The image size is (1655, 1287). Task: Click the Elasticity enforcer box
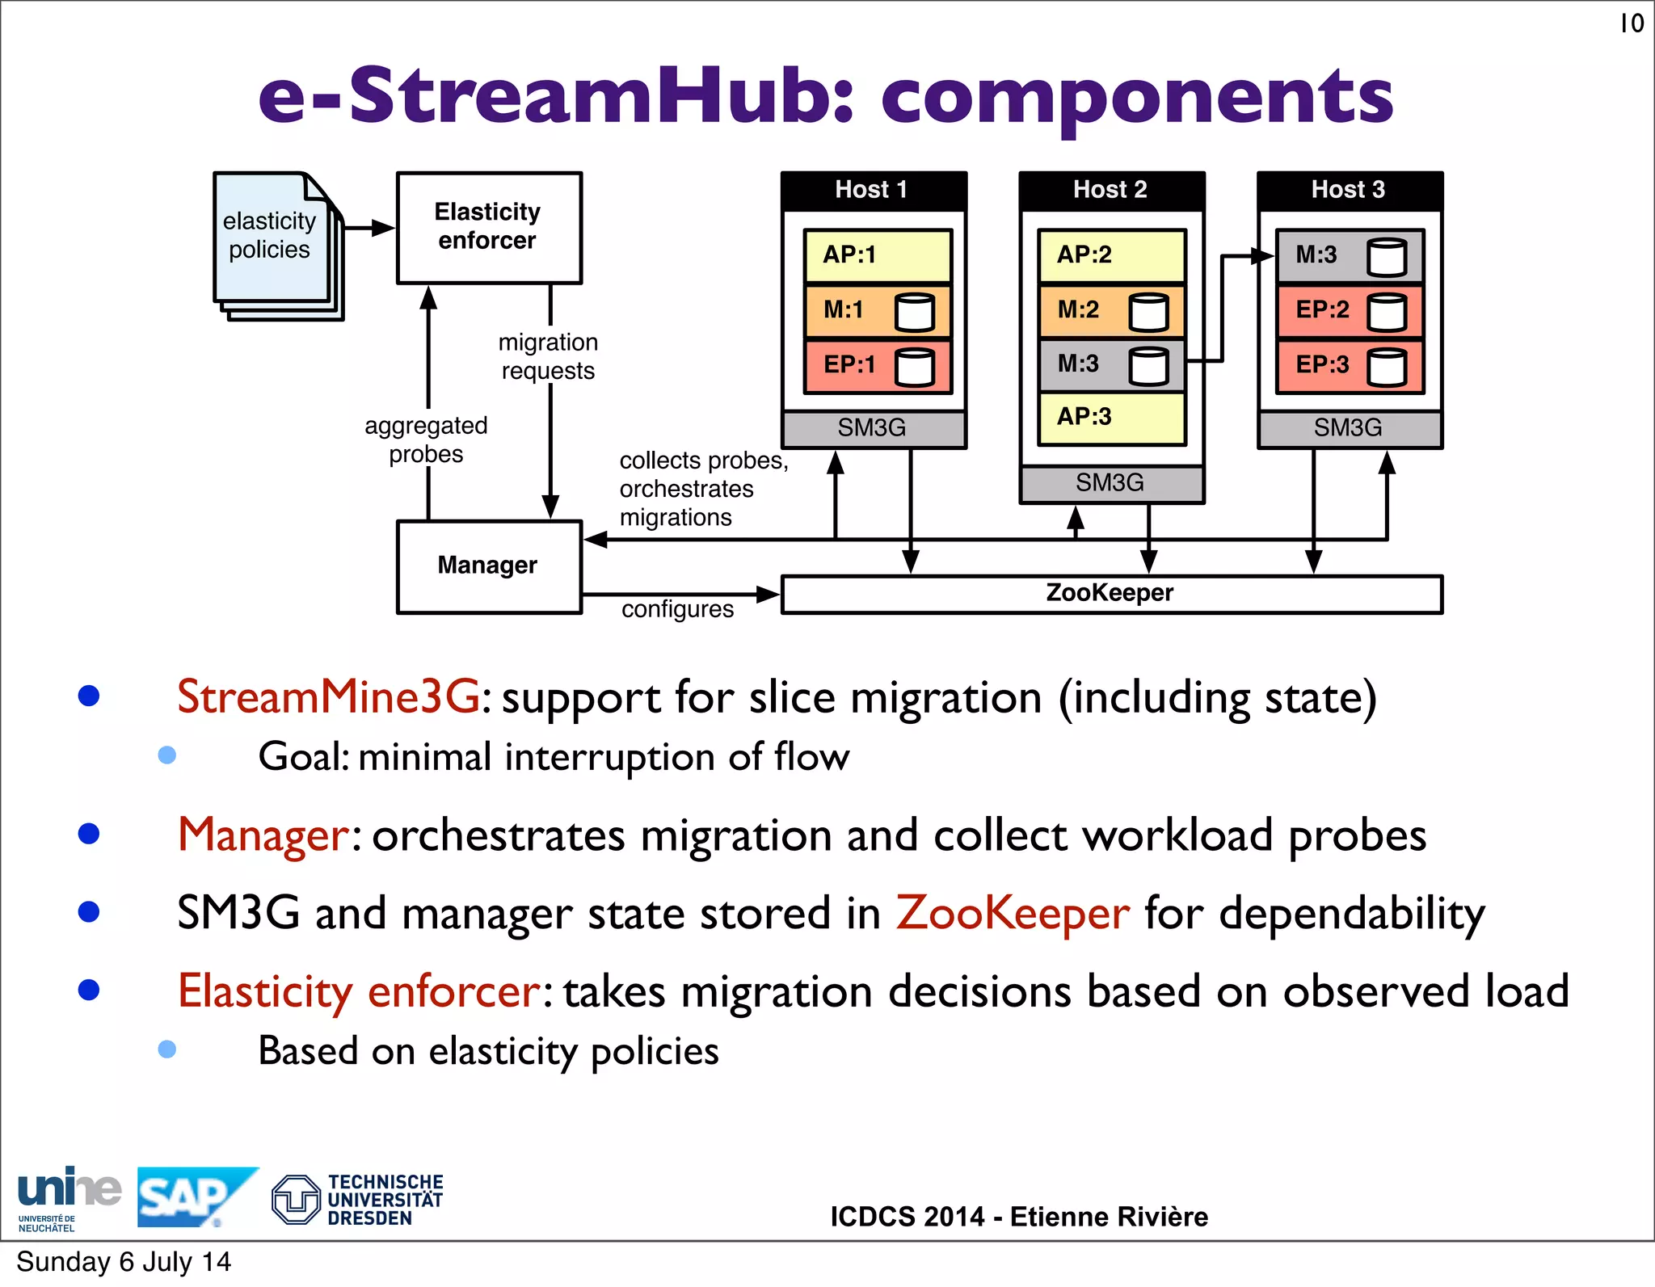point(489,227)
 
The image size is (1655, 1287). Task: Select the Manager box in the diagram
point(489,566)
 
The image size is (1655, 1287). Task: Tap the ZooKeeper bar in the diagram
point(1110,594)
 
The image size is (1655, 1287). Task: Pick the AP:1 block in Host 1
point(878,255)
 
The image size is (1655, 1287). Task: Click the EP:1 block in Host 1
point(878,365)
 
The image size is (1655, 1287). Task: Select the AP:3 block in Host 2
point(1111,418)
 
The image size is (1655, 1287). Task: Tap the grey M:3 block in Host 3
point(1350,255)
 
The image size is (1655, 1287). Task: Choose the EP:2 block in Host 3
point(1350,310)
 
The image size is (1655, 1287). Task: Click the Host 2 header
point(1111,190)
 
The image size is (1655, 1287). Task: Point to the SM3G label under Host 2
point(1111,483)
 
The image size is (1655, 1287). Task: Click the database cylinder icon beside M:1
point(915,312)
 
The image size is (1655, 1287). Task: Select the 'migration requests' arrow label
point(548,356)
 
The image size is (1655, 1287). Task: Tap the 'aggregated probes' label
point(426,440)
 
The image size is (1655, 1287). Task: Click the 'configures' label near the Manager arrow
point(677,609)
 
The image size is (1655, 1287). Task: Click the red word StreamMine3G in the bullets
point(329,696)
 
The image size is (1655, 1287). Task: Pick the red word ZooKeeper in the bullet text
point(1013,913)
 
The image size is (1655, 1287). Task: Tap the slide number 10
point(1631,23)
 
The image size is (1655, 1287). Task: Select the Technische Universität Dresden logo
point(358,1200)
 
